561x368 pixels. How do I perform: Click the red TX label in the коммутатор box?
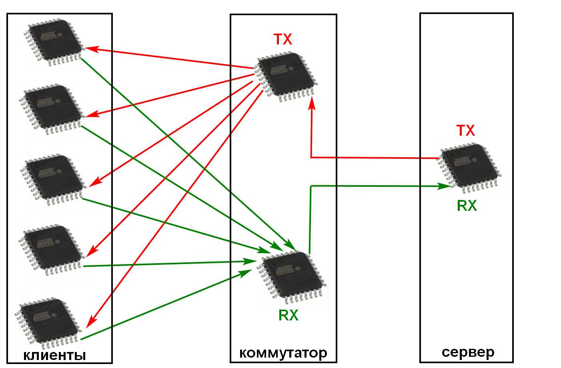[283, 39]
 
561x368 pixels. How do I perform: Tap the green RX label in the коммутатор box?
[288, 315]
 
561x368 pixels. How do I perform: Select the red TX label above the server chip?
[465, 130]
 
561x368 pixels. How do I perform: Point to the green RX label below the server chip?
[467, 206]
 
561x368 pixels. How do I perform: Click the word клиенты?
[54, 355]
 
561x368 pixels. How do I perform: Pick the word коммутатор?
[283, 353]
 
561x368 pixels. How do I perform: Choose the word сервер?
[468, 352]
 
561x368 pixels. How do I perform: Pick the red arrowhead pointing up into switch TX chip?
[311, 102]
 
